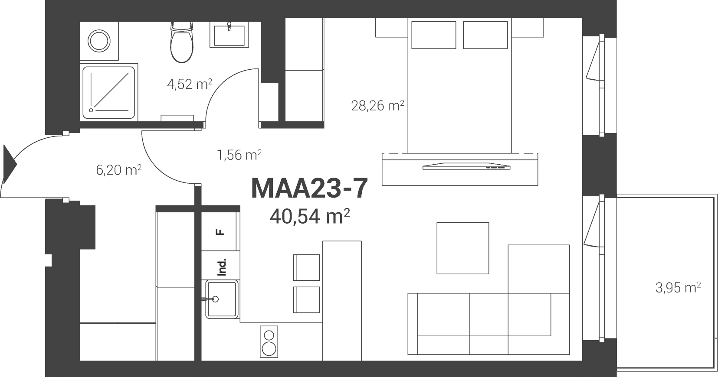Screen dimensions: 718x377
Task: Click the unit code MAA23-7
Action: pos(309,189)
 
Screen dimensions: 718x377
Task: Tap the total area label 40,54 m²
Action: pos(310,216)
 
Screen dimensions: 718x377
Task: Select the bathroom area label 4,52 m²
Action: pos(190,84)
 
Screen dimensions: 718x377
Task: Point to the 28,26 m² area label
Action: pos(377,105)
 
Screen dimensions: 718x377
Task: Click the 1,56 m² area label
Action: pos(239,155)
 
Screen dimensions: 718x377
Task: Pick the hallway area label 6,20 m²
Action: pos(118,170)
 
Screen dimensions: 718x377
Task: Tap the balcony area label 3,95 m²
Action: pos(678,288)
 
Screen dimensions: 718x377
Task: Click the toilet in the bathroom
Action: pos(182,42)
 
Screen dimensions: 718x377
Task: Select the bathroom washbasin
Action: pos(229,35)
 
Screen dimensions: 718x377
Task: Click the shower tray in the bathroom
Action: pos(108,92)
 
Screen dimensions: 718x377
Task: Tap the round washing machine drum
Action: pos(99,41)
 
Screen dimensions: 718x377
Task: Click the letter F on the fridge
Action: pos(220,232)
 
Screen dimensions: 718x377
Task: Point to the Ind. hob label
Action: pos(222,267)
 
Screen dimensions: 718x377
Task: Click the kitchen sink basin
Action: pos(222,299)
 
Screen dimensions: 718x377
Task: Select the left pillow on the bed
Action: pos(434,35)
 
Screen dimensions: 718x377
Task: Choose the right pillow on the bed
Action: pos(485,35)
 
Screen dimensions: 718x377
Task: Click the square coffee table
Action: pos(463,248)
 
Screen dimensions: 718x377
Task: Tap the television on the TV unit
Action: pos(466,166)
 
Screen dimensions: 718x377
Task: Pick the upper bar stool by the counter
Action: pos(306,267)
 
